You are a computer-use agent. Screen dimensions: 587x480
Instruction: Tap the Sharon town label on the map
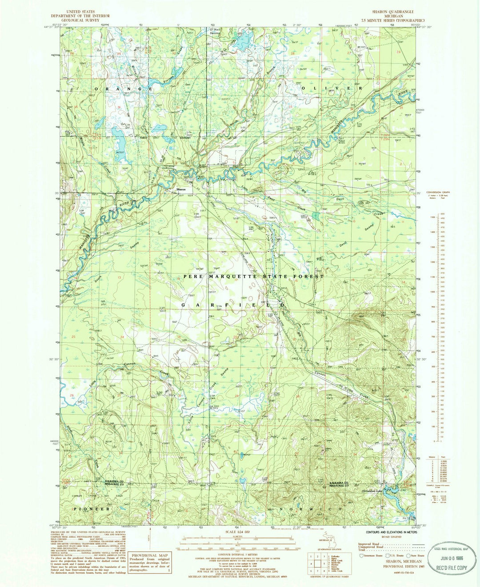pos(180,189)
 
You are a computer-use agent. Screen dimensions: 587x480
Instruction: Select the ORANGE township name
pos(124,89)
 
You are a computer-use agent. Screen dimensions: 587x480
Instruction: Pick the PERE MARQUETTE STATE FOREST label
pos(254,276)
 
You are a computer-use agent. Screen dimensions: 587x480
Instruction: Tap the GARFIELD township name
pos(232,305)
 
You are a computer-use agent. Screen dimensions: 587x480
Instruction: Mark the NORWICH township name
pos(311,508)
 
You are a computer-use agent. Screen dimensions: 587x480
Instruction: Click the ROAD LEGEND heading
pos(393,536)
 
